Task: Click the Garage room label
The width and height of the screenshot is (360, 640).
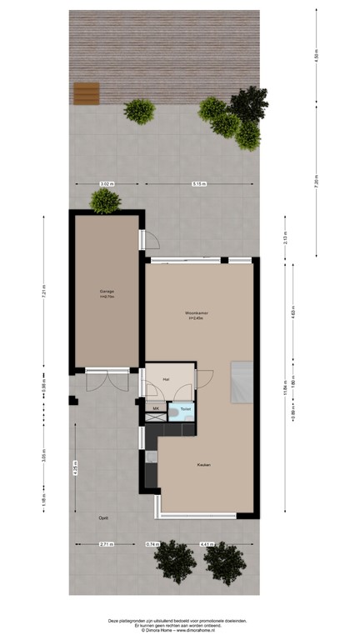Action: pyautogui.click(x=105, y=292)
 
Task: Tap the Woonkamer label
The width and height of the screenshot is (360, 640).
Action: pyautogui.click(x=197, y=313)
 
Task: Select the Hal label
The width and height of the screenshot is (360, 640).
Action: pyautogui.click(x=167, y=378)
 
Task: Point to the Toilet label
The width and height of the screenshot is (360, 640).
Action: pyautogui.click(x=185, y=409)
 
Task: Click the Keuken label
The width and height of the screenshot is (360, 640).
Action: pyautogui.click(x=203, y=464)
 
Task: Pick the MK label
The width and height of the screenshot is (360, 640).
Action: pyautogui.click(x=156, y=408)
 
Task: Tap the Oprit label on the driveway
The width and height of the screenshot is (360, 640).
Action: pyautogui.click(x=102, y=517)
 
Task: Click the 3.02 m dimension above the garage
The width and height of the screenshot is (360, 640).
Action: pyautogui.click(x=106, y=183)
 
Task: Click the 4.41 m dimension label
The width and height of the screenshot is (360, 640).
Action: pyautogui.click(x=206, y=544)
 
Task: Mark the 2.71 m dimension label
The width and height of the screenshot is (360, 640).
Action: pyautogui.click(x=106, y=544)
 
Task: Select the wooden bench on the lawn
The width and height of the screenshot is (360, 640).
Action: pyautogui.click(x=86, y=93)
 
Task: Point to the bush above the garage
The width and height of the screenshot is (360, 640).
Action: pyautogui.click(x=105, y=200)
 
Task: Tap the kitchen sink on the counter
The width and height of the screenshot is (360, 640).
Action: pyautogui.click(x=152, y=457)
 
